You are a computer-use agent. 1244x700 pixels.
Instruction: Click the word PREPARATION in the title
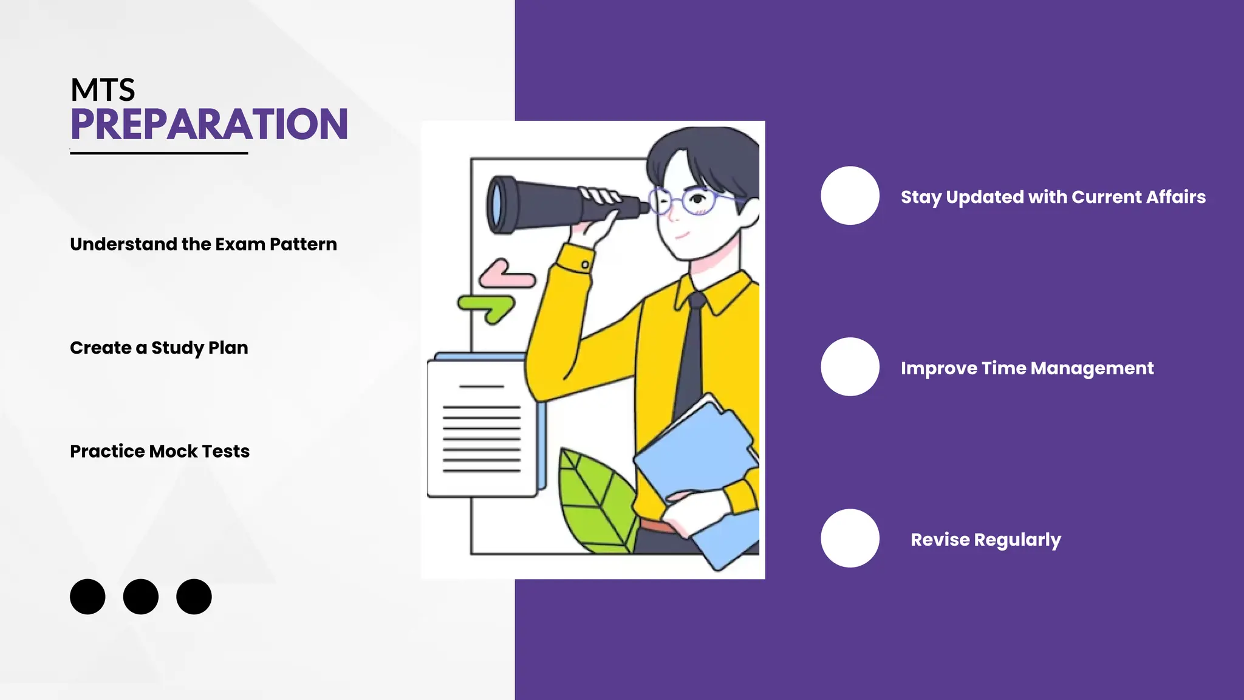tap(209, 125)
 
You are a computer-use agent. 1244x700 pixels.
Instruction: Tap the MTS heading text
tap(103, 90)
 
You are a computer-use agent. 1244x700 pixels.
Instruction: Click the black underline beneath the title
tap(159, 153)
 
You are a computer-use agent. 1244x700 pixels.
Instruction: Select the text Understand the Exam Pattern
tap(203, 244)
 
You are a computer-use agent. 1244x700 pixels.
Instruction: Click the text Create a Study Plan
tap(159, 348)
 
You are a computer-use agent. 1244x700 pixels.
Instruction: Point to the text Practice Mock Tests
tap(159, 451)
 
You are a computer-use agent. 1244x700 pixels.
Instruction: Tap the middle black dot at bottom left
tap(140, 597)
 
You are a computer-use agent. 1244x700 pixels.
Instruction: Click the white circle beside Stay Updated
tap(850, 196)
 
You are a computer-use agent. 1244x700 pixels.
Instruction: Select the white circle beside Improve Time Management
tap(850, 367)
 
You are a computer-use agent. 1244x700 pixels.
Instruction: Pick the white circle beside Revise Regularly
tap(850, 538)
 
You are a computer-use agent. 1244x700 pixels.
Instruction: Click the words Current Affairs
tap(1138, 197)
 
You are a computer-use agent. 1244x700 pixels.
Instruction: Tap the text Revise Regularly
tap(985, 540)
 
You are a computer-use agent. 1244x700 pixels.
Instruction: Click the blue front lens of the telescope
tap(497, 205)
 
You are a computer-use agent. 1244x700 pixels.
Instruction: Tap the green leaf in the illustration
tap(592, 501)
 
